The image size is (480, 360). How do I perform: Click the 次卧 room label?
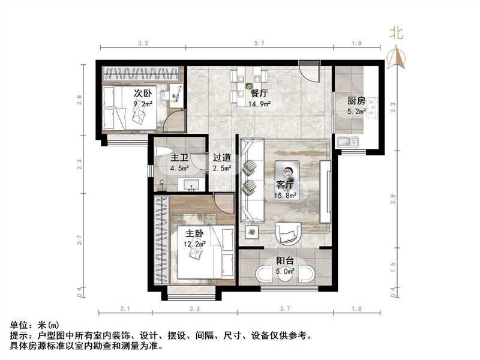(x=142, y=94)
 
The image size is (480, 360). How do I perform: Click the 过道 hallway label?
(x=222, y=158)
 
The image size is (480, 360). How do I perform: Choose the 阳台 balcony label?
(x=285, y=261)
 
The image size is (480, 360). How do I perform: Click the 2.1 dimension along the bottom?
(x=125, y=308)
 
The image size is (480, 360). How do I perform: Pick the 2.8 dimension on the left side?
(x=79, y=100)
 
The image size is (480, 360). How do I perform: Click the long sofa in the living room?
(x=251, y=180)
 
